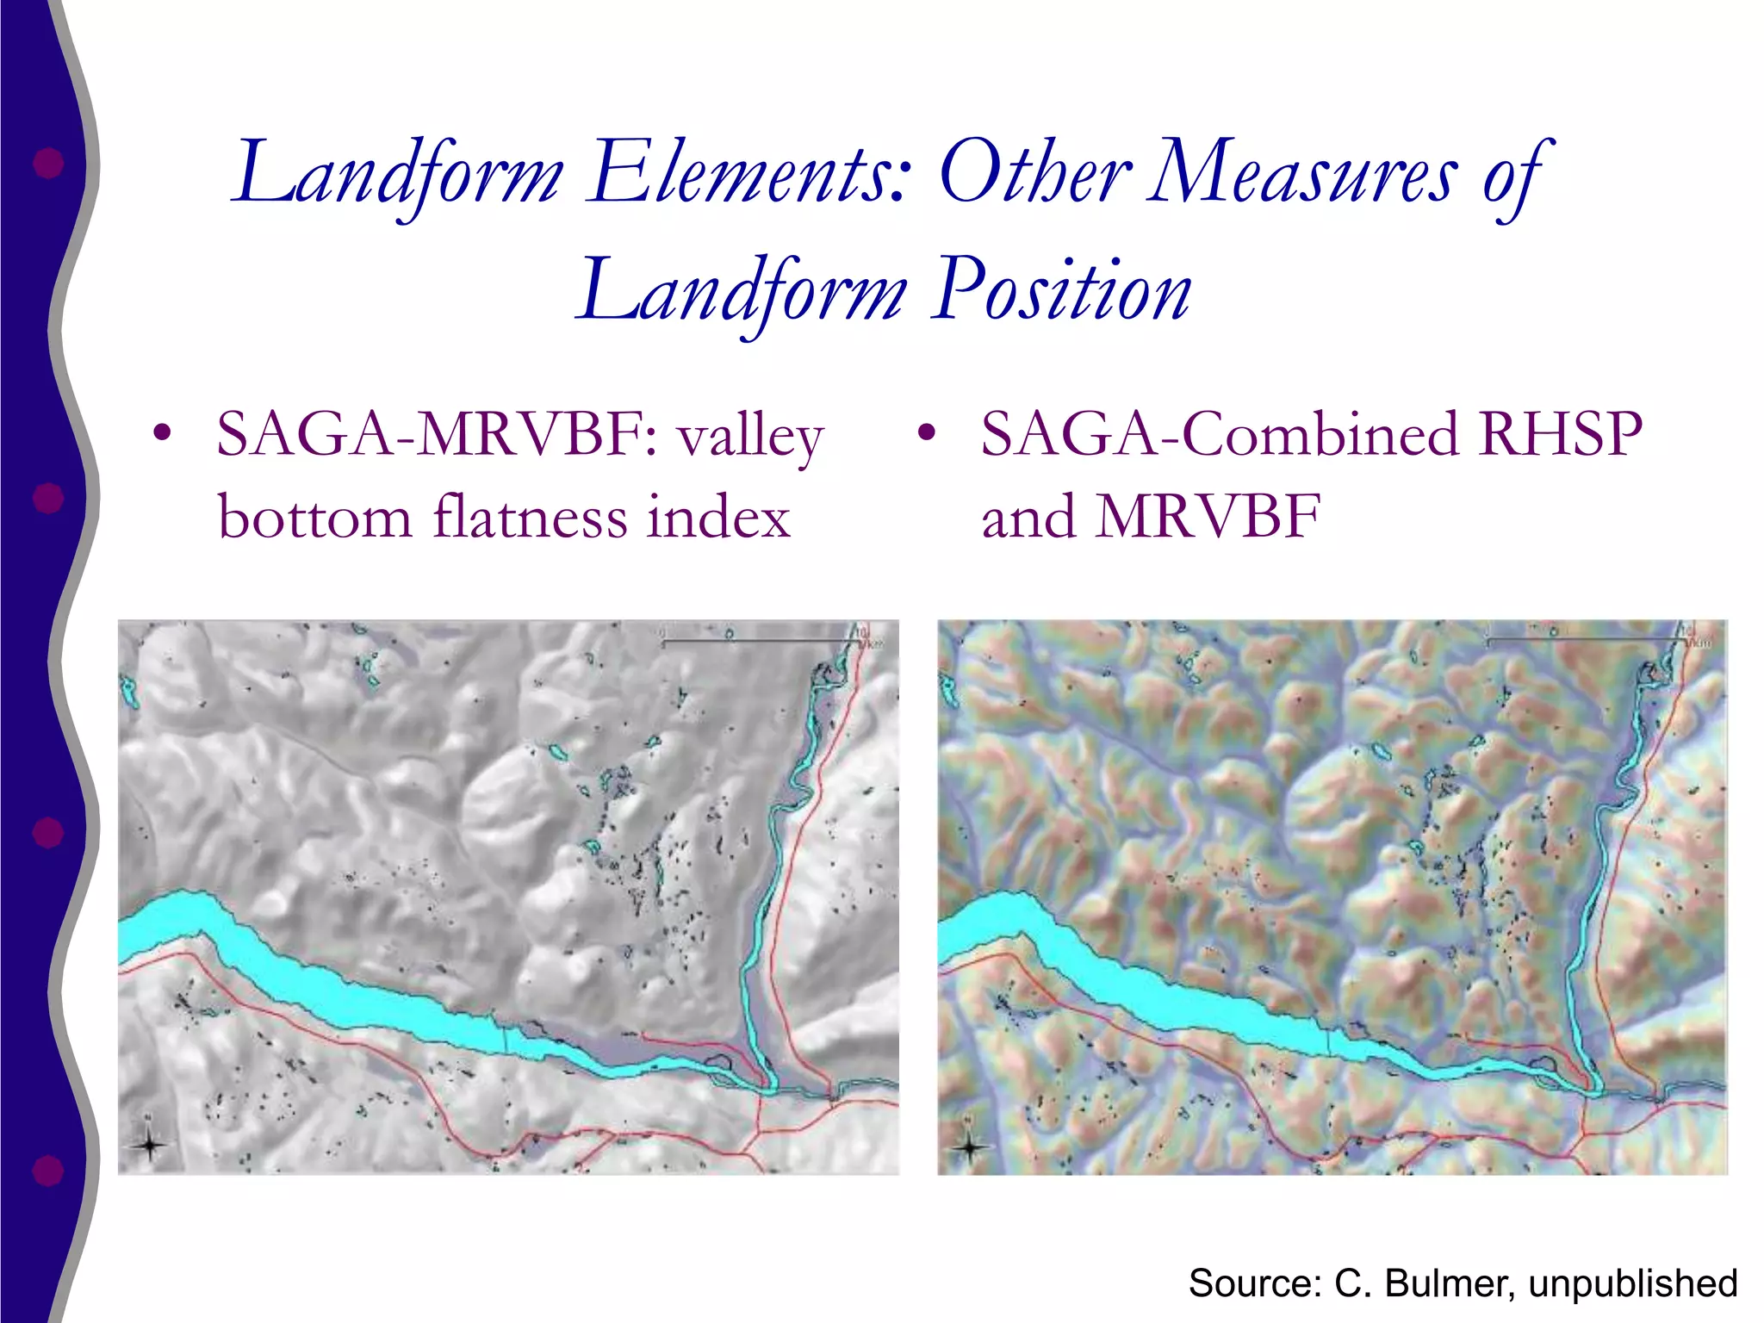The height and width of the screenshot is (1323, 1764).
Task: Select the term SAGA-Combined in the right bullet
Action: point(1219,434)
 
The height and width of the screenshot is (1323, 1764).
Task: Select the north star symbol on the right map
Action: point(971,1146)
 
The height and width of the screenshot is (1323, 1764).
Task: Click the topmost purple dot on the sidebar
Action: point(48,163)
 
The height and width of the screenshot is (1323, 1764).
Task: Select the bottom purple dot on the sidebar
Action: point(48,1170)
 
